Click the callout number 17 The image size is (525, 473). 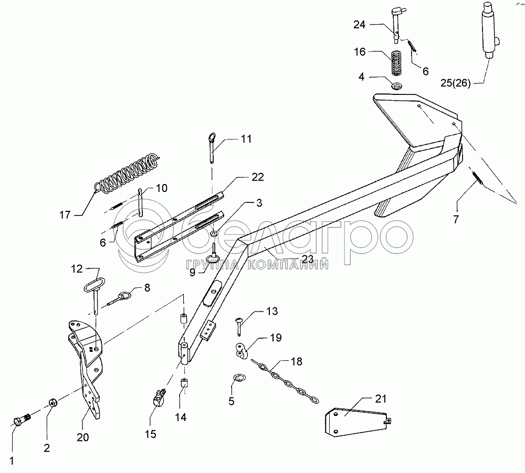[x=65, y=215]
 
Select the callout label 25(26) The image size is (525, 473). [x=455, y=83]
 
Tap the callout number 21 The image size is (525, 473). [x=381, y=399]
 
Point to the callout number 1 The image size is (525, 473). [x=12, y=461]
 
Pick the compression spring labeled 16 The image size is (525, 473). [x=396, y=62]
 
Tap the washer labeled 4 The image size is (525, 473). [x=397, y=87]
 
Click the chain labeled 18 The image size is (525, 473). [x=285, y=381]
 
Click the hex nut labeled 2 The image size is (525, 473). [x=52, y=402]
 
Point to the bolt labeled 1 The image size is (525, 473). [x=22, y=418]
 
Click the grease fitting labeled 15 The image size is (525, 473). [x=158, y=397]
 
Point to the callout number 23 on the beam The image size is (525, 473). [x=308, y=259]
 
